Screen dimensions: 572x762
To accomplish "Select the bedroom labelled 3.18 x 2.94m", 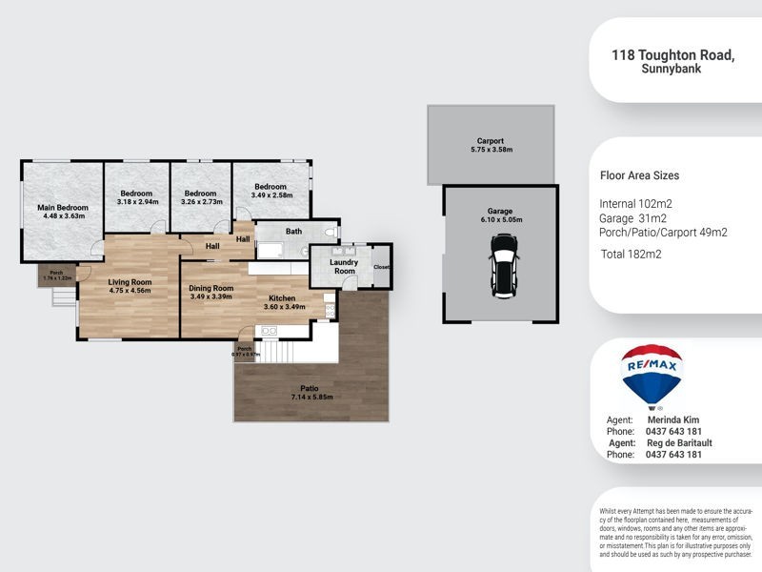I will point(136,196).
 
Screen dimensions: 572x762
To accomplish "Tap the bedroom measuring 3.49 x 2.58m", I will point(271,191).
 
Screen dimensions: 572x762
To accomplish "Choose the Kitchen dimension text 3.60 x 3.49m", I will point(287,307).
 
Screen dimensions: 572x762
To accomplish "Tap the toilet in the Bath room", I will point(330,232).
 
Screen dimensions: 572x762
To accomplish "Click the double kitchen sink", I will point(269,331).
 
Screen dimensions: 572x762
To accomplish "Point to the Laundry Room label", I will point(344,266).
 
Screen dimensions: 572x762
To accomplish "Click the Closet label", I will point(382,267).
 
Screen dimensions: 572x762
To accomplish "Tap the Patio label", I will point(310,389).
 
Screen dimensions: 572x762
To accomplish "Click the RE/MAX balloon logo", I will point(651,376).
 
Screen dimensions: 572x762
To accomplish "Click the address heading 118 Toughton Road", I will point(672,56).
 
